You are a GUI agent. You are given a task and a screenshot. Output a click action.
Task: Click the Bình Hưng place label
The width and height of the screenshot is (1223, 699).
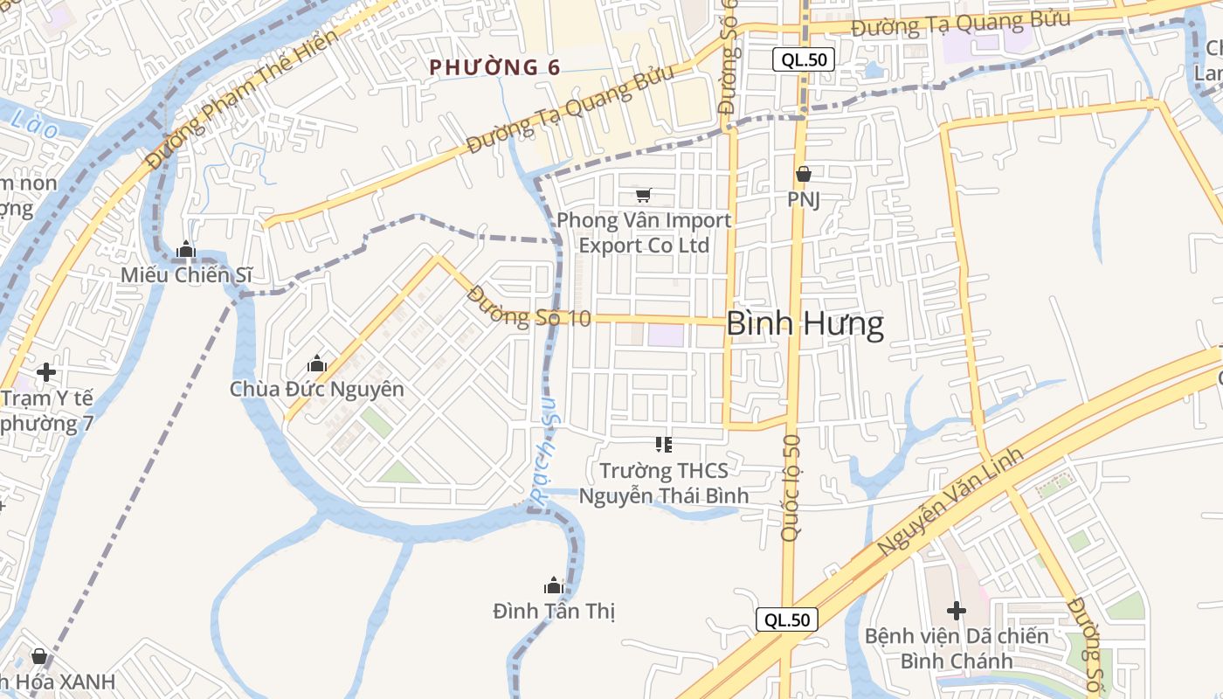[x=805, y=324]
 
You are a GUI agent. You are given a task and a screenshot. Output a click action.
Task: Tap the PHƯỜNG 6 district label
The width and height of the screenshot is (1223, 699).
[x=494, y=67]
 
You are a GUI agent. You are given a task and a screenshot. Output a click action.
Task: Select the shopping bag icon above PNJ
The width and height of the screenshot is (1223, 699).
[x=804, y=174]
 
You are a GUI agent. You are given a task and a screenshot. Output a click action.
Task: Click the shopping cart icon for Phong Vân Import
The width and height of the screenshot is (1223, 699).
[x=644, y=195]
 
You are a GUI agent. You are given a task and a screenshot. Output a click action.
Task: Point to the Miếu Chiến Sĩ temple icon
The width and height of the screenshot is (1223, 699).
[x=185, y=250]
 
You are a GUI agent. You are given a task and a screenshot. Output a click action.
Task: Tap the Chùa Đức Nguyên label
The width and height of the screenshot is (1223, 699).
[x=317, y=389]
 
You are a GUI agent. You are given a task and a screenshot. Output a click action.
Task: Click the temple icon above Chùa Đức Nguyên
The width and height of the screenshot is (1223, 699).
[x=317, y=363]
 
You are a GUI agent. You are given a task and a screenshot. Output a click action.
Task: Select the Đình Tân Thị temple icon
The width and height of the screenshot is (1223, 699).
[x=553, y=585]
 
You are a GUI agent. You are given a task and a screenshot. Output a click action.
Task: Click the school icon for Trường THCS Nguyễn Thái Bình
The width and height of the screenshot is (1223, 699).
[x=664, y=445]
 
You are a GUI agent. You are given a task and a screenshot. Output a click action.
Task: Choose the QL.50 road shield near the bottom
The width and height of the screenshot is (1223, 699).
[x=787, y=620]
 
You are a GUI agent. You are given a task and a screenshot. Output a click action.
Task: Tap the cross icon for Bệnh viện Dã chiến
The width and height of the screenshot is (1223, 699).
[x=957, y=610]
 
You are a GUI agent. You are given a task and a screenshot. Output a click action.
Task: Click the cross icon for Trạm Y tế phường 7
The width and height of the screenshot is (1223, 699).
[x=46, y=372]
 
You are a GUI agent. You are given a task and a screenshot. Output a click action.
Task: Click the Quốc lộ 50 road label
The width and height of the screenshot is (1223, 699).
[x=791, y=487]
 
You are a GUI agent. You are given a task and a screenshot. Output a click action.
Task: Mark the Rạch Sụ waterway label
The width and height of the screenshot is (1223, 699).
[x=549, y=460]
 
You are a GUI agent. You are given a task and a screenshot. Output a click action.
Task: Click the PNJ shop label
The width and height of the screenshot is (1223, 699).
[x=804, y=199]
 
